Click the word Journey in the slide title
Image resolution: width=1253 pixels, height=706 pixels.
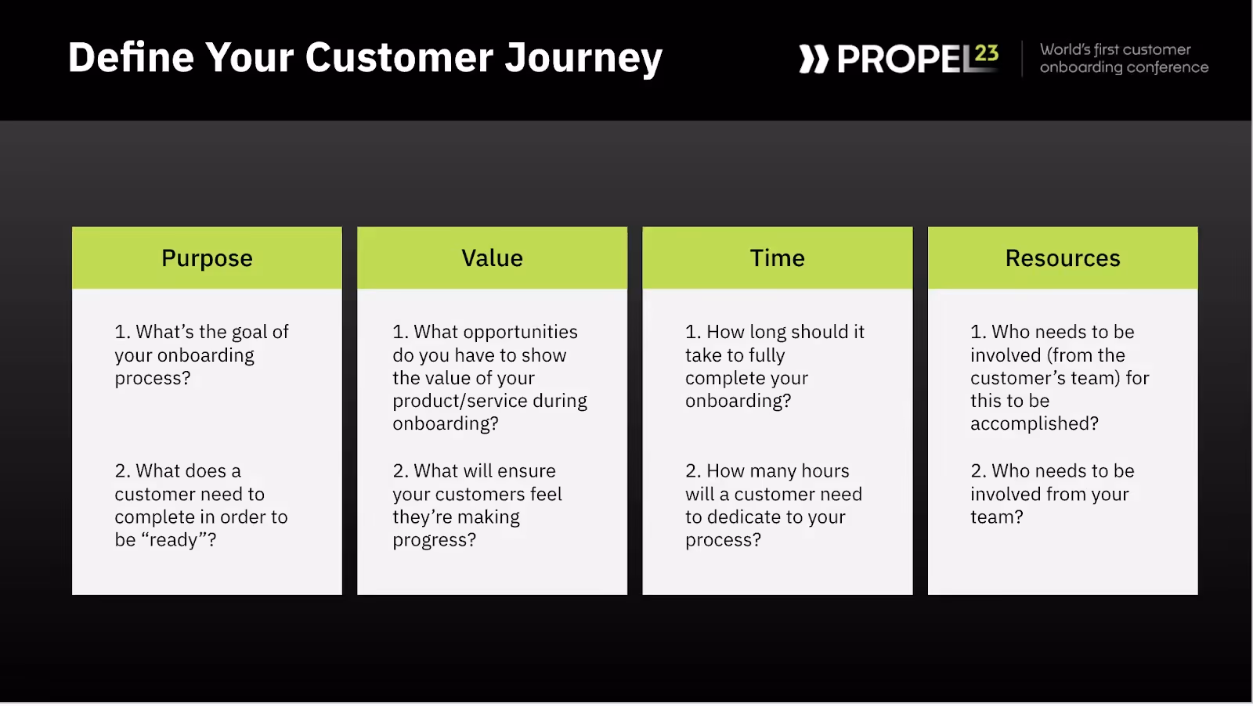(x=583, y=58)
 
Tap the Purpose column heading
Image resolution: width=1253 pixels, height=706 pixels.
(x=207, y=258)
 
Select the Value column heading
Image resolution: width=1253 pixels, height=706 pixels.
(x=493, y=258)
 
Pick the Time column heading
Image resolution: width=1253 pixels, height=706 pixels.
(x=778, y=258)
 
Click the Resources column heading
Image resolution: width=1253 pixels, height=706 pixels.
(x=1063, y=258)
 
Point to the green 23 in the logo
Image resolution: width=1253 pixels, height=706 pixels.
(x=986, y=53)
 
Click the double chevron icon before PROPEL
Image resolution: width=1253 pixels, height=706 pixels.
(x=814, y=59)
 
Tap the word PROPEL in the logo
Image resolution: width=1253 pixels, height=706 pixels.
(x=906, y=59)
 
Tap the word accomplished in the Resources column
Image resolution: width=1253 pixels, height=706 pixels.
(x=1035, y=424)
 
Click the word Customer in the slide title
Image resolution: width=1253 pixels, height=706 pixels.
(x=399, y=57)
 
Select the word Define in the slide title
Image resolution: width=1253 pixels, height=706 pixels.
(x=131, y=57)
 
